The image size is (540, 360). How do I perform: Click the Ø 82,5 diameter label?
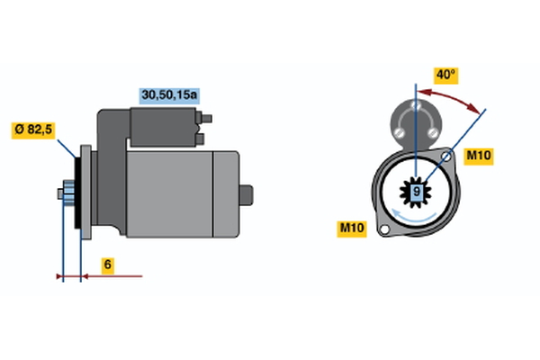[33, 130]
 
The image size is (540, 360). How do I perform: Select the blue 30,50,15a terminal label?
[169, 95]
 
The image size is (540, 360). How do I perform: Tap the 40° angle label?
[445, 75]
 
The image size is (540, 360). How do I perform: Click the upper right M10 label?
[479, 156]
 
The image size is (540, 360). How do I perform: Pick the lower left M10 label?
[352, 229]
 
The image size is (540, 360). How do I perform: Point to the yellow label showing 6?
[108, 265]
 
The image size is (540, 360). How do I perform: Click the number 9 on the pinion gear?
[417, 192]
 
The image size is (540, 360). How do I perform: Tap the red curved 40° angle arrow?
[451, 96]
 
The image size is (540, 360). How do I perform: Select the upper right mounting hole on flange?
[446, 157]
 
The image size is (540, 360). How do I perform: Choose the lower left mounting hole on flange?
[384, 229]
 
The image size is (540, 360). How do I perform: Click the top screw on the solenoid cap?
[416, 104]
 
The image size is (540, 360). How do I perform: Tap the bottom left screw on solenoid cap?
[399, 132]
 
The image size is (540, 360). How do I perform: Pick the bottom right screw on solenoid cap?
[433, 132]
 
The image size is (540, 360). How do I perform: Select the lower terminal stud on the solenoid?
[200, 139]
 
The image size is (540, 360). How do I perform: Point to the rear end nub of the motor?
[246, 195]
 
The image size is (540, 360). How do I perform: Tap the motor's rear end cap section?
[226, 194]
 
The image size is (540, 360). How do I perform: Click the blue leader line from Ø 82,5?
[67, 148]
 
